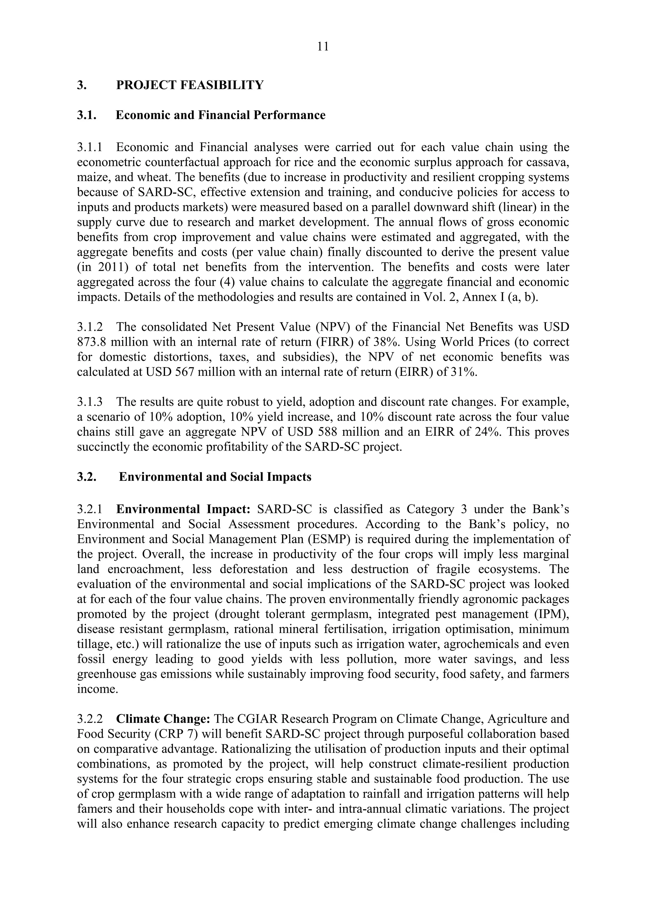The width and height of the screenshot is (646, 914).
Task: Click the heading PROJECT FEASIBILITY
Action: [x=190, y=85]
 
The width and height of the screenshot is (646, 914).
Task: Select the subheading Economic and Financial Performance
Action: [x=220, y=115]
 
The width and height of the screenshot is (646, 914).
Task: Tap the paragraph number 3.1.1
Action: [x=90, y=147]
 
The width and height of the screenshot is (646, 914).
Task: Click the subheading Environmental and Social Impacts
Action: [x=215, y=477]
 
